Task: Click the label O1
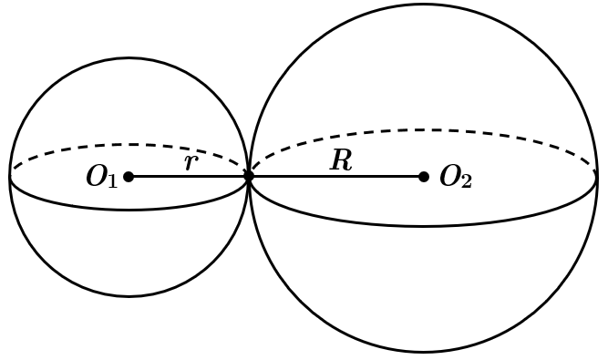click(x=101, y=177)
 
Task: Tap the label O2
click(x=456, y=178)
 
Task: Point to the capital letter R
click(x=341, y=160)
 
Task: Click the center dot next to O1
click(x=129, y=177)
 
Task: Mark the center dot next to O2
click(x=424, y=177)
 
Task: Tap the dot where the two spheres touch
click(x=249, y=177)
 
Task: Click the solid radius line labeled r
click(x=189, y=177)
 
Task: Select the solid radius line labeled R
click(x=336, y=177)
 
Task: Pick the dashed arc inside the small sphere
click(x=129, y=145)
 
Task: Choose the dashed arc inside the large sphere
click(x=423, y=129)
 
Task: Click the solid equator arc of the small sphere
click(x=129, y=210)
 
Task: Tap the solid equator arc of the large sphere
click(x=423, y=225)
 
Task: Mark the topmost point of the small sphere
click(x=129, y=58)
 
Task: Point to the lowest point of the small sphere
click(x=129, y=296)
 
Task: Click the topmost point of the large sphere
click(x=423, y=5)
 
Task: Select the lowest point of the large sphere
click(x=423, y=352)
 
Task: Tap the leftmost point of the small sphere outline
click(x=10, y=177)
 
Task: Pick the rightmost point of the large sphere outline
click(x=597, y=178)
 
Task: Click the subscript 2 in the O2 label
click(x=467, y=181)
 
